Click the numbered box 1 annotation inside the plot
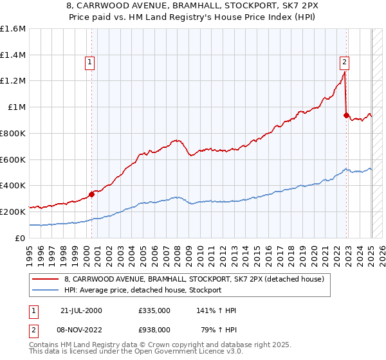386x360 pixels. (89, 62)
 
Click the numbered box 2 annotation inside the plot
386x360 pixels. (345, 62)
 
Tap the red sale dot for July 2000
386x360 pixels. (91, 194)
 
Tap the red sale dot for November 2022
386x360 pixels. (346, 115)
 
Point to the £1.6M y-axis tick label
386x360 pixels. (13, 29)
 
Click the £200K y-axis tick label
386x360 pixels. (13, 212)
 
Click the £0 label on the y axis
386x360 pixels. (21, 238)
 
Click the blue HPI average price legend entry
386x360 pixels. (142, 290)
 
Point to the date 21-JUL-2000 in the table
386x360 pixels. (82, 310)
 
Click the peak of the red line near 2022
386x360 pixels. (344, 73)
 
